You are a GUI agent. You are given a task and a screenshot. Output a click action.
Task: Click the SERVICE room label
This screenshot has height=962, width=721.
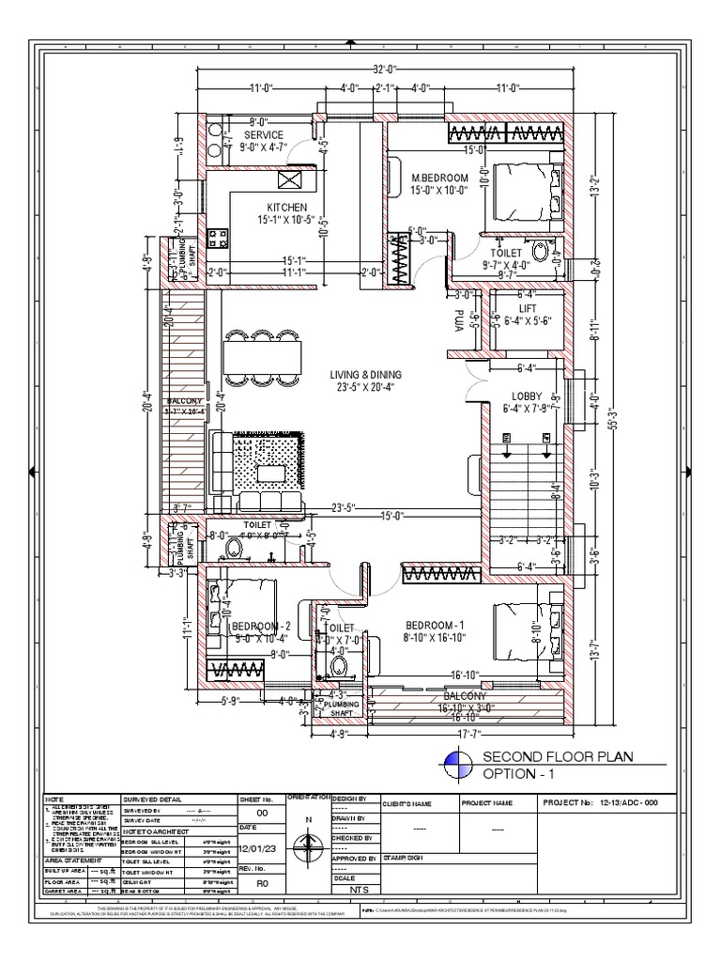coord(264,135)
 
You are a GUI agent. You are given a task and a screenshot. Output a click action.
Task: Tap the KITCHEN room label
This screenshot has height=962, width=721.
coord(287,206)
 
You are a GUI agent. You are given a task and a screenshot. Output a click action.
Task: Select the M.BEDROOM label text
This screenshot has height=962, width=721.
coord(440,177)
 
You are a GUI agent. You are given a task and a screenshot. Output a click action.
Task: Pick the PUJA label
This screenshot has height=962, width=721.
coord(460,320)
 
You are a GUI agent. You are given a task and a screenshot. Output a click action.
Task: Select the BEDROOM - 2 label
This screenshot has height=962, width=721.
coord(262,626)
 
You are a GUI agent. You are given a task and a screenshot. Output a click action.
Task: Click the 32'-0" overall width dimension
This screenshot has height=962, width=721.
coord(386,69)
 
